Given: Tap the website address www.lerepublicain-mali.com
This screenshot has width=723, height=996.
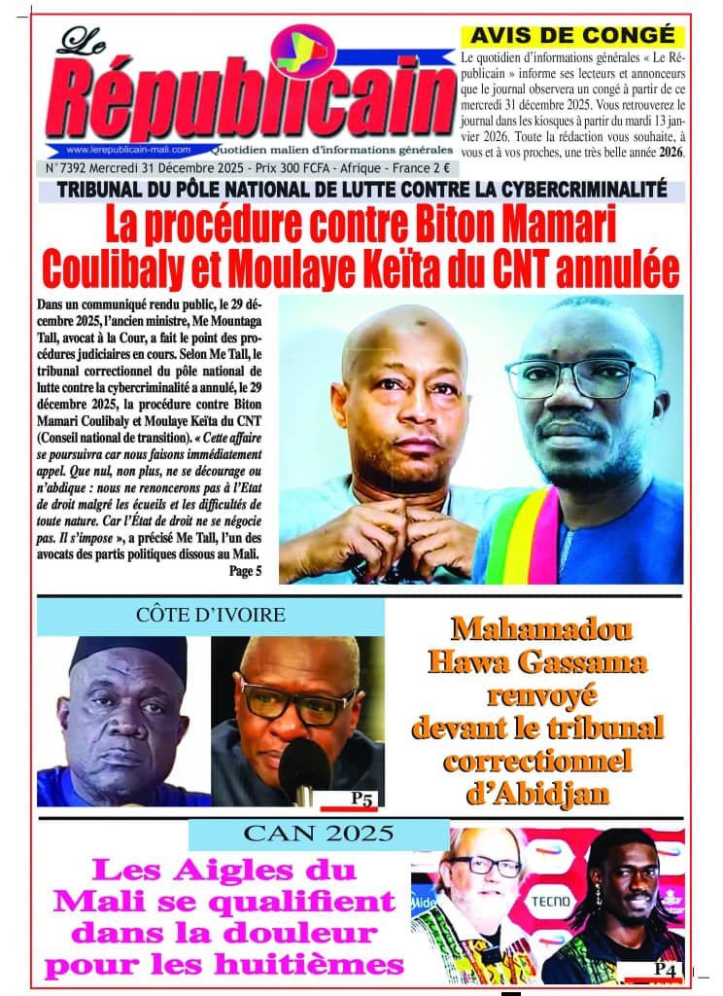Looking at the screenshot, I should [128, 150].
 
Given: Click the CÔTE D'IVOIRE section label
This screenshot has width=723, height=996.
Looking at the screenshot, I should [211, 615].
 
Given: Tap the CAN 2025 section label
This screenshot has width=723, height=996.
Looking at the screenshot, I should [319, 834].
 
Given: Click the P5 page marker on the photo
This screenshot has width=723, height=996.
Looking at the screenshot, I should [361, 799].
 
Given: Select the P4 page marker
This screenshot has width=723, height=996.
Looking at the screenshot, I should [665, 969].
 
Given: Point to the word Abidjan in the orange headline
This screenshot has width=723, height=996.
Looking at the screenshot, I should [537, 794].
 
